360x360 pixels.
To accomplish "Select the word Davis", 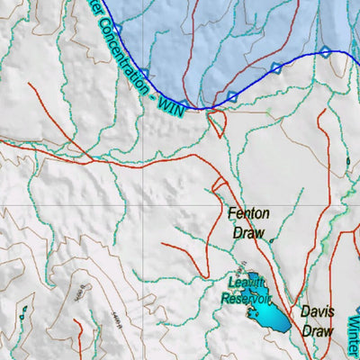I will pyautogui.click(x=317, y=312).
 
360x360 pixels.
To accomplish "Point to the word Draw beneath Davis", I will pyautogui.click(x=317, y=329).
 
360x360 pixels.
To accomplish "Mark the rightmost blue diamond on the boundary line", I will pyautogui.click(x=325, y=52).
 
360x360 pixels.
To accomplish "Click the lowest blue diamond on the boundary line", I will pyautogui.click(x=232, y=96).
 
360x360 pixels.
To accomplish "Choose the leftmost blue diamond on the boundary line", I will pyautogui.click(x=116, y=30).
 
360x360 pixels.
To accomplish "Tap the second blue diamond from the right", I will pyautogui.click(x=276, y=67).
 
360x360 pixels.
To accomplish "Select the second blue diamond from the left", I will pyautogui.click(x=143, y=73).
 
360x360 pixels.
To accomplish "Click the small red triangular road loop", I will pyautogui.click(x=216, y=123).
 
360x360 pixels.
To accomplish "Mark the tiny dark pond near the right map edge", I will pyautogui.click(x=348, y=161).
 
